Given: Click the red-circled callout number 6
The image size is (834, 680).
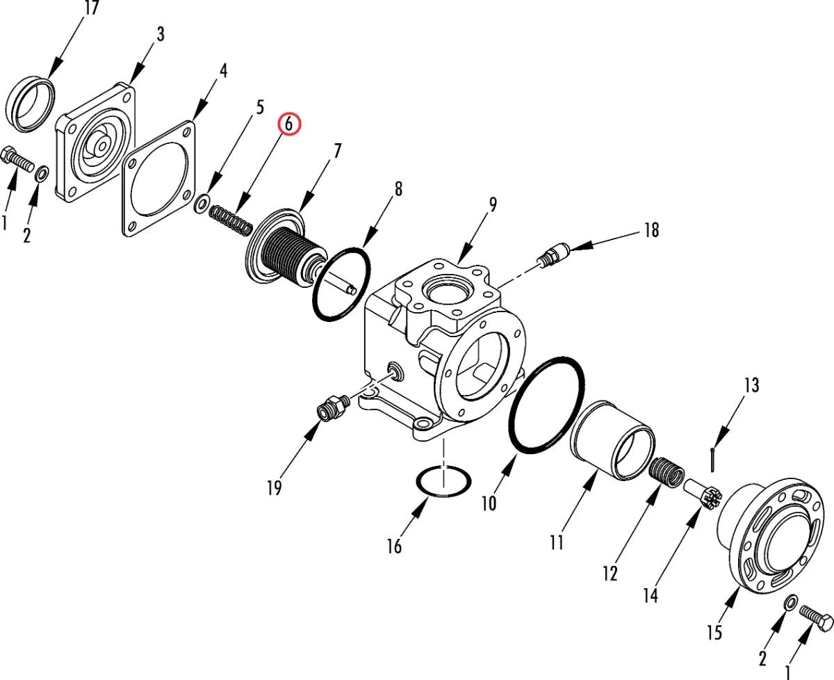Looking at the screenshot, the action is pyautogui.click(x=288, y=124).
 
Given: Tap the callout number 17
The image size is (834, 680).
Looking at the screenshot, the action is pyautogui.click(x=92, y=8).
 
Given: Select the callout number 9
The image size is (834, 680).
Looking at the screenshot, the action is pyautogui.click(x=493, y=204).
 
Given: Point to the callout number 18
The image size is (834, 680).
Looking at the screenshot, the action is pyautogui.click(x=651, y=230).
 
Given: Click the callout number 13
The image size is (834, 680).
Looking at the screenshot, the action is pyautogui.click(x=751, y=385).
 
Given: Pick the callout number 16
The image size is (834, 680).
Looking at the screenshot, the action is pyautogui.click(x=394, y=546).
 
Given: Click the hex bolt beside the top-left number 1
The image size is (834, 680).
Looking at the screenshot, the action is pyautogui.click(x=18, y=159).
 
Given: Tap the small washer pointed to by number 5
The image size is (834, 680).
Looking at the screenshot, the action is pyautogui.click(x=202, y=203).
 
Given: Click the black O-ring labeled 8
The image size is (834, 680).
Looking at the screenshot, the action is pyautogui.click(x=341, y=284).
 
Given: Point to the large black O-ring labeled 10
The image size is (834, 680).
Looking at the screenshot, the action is pyautogui.click(x=546, y=406).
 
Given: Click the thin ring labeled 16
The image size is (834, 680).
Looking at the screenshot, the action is pyautogui.click(x=443, y=482).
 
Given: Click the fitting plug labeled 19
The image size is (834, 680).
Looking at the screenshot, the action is pyautogui.click(x=333, y=408).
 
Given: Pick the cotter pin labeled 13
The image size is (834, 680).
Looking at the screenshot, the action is pyautogui.click(x=713, y=460).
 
